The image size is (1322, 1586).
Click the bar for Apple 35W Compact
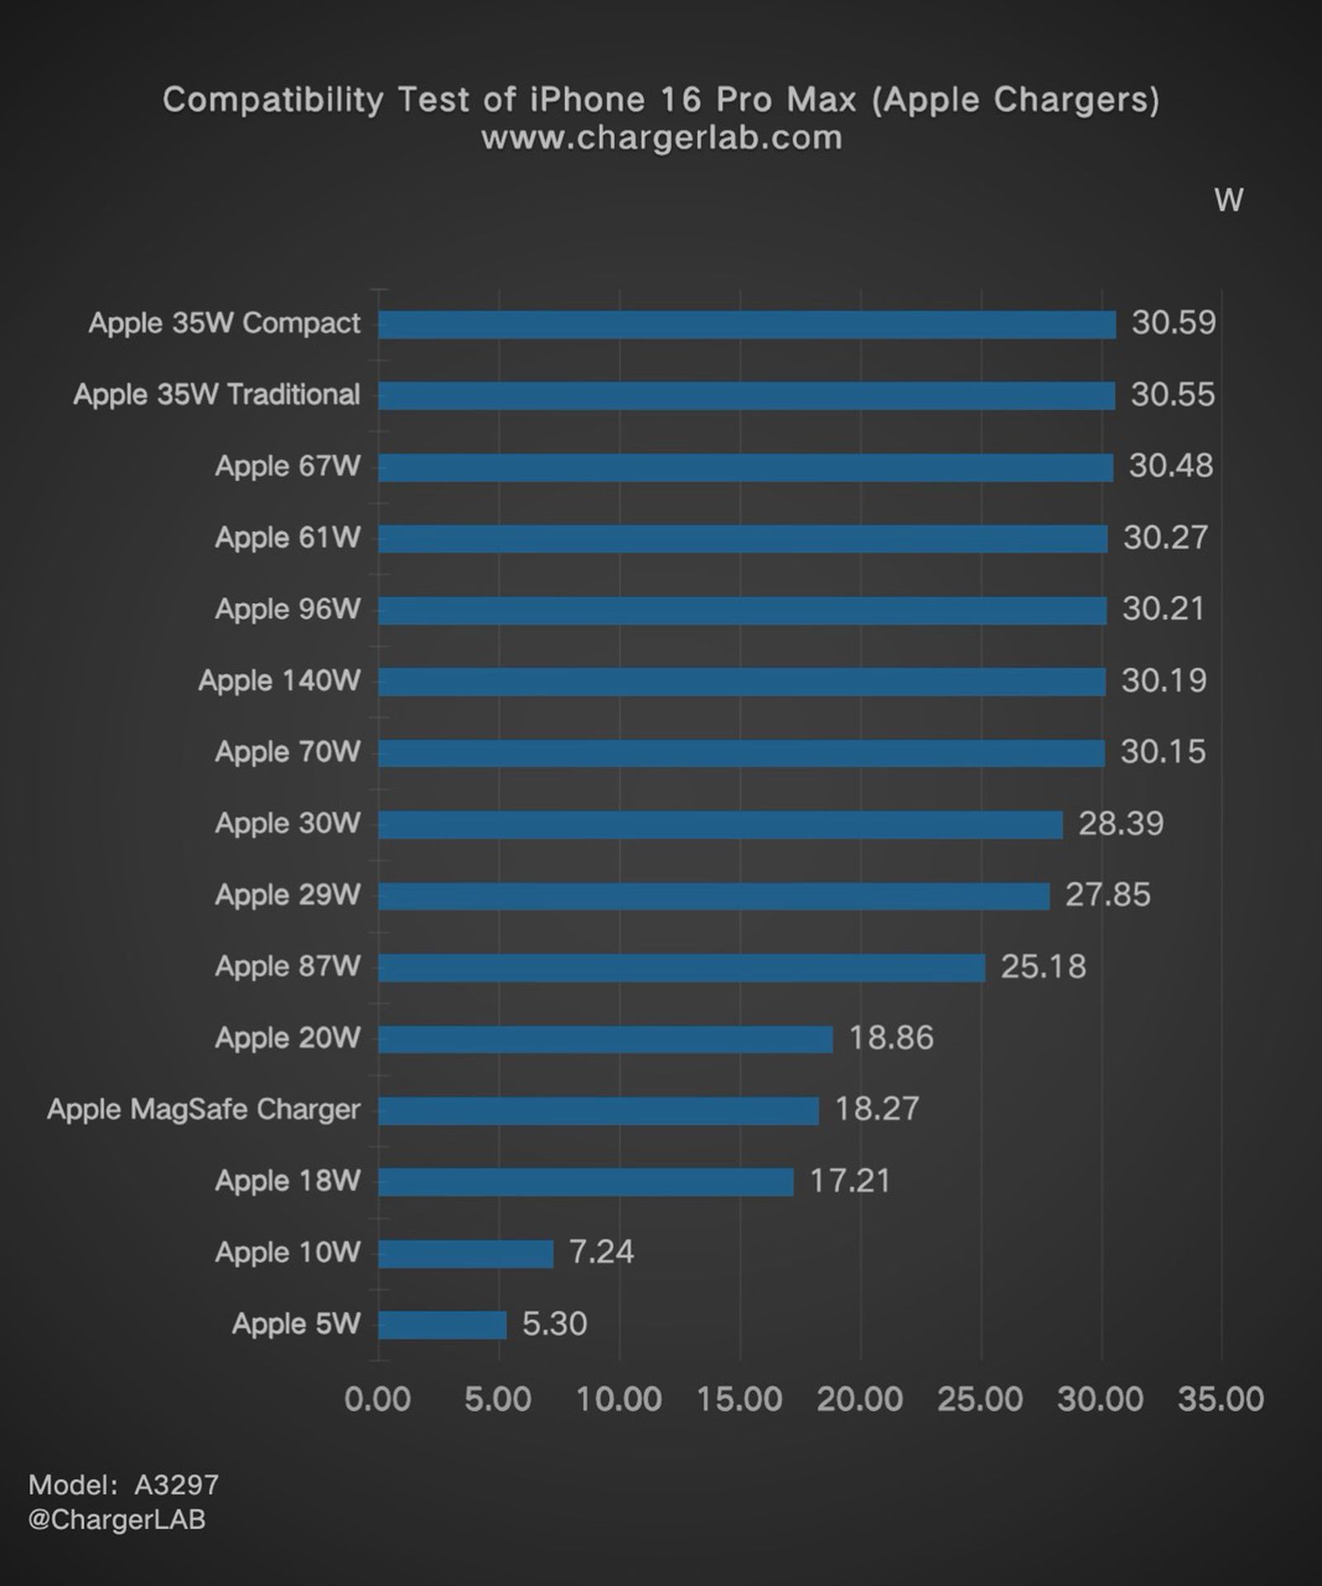click(x=747, y=325)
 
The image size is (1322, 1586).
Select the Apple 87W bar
click(x=682, y=968)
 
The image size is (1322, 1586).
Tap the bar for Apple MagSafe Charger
click(x=598, y=1111)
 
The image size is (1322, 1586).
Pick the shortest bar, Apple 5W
click(x=442, y=1325)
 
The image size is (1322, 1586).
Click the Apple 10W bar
click(x=465, y=1254)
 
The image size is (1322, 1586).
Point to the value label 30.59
click(x=1173, y=322)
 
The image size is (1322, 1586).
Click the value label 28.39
click(x=1120, y=823)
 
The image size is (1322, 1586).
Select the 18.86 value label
click(x=891, y=1037)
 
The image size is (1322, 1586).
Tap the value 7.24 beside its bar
click(x=601, y=1251)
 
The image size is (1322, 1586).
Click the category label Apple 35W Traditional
click(x=216, y=394)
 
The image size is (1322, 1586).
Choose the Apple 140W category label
click(x=279, y=680)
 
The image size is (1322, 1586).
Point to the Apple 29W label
click(x=288, y=894)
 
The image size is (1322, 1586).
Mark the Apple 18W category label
click(x=288, y=1180)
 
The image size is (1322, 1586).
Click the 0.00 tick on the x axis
click(x=378, y=1399)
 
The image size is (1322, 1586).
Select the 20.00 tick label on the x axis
click(x=859, y=1399)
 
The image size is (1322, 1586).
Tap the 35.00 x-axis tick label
click(x=1220, y=1399)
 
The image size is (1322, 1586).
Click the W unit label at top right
click(x=1229, y=200)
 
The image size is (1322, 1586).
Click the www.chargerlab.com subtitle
click(x=661, y=138)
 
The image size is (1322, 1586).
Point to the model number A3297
click(x=177, y=1485)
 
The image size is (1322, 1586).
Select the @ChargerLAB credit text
click(x=117, y=1519)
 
